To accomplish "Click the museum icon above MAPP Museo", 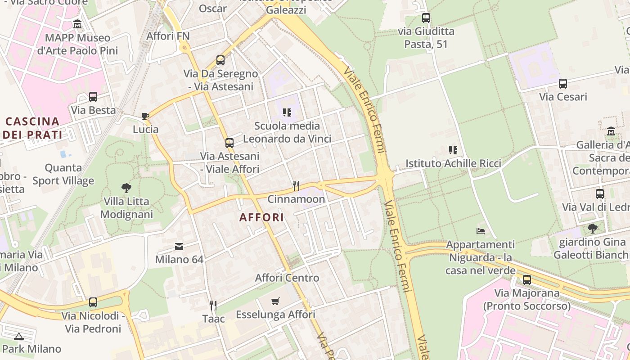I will coord(77,23).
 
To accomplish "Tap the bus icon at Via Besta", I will coord(93,97).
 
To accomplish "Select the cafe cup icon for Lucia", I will coord(145,116).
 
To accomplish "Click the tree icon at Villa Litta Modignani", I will coord(126,188).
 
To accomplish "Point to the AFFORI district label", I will coord(261,217).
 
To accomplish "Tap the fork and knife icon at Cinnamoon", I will coord(296,185).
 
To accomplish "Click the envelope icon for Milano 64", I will coord(179,247).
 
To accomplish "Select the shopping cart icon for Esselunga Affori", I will coord(275,301).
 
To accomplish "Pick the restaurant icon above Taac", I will coord(213,306).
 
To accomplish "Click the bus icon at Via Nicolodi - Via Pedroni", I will coord(93,302).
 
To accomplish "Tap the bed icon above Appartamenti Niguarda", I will coord(481,231).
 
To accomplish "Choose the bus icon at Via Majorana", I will coord(527,280).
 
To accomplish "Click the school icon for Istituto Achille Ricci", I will coord(453,150).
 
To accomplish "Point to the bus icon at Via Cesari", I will coord(563,84).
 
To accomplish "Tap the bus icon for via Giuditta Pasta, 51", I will coord(426,18).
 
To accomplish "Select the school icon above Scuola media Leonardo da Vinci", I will coord(287,112).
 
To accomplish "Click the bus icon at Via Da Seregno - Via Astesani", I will coord(220,60).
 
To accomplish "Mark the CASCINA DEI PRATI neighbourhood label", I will coord(32,128).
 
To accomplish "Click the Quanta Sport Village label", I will coord(63,174).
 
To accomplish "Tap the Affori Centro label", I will coord(287,278).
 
